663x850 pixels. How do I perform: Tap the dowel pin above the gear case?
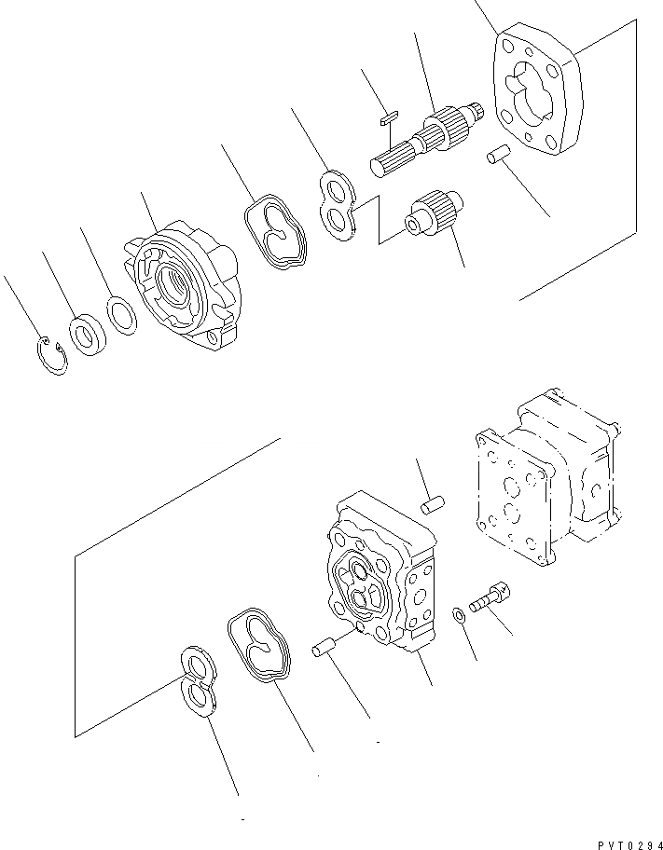[x=431, y=504]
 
